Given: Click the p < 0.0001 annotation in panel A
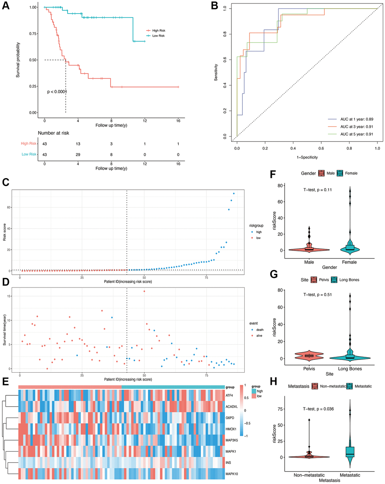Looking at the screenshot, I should pos(57,92).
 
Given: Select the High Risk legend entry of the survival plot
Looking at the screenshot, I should pos(159,31).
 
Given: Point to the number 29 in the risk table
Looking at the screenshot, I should pos(78,154).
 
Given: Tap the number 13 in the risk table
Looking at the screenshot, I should pos(78,144).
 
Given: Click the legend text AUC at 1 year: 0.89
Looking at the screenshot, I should pos(356,119).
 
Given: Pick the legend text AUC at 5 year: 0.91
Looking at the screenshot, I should pos(356,134).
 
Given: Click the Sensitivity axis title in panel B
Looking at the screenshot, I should pos(216,72).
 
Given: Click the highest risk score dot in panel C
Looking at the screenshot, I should pos(234,194).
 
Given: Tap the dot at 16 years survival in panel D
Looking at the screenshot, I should pos(144,291).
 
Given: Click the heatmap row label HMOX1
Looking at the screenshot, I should pos(231,429).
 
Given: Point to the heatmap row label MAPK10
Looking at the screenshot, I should pos(232,473).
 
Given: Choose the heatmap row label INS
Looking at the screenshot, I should pos(228,462).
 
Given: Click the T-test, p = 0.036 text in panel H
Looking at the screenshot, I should pos(318,409).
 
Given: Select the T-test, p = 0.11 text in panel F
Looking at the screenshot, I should pos(317,190).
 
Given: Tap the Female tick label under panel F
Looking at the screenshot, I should pos(350,262).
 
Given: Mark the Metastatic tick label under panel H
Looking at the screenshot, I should pos(350,475).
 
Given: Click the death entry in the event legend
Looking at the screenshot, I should pos(260,330).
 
